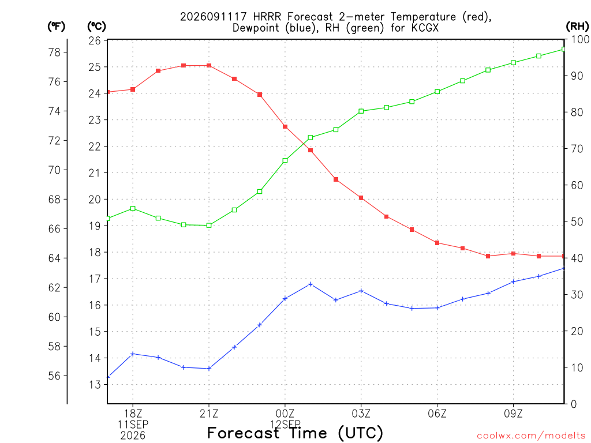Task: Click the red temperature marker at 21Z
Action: pyautogui.click(x=209, y=66)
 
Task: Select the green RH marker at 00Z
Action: pyautogui.click(x=285, y=160)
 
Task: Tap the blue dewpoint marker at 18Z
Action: pyautogui.click(x=133, y=354)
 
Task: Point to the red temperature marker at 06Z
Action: pyautogui.click(x=437, y=243)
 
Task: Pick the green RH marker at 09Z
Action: pyautogui.click(x=513, y=62)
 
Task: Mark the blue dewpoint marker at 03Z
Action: pyautogui.click(x=361, y=291)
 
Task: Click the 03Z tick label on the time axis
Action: pyautogui.click(x=361, y=414)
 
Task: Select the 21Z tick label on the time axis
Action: pyautogui.click(x=209, y=414)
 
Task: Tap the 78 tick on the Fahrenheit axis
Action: pyautogui.click(x=54, y=52)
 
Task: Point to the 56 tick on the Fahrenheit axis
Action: pyautogui.click(x=54, y=376)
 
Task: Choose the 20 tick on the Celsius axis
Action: pyautogui.click(x=95, y=199)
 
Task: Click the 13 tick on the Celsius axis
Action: pyautogui.click(x=95, y=385)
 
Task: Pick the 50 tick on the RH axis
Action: pyautogui.click(x=577, y=221)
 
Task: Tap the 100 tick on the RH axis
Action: pyautogui.click(x=580, y=39)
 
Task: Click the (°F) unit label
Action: pyautogui.click(x=56, y=27)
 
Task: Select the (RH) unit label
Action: pyautogui.click(x=577, y=26)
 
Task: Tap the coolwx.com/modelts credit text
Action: pyautogui.click(x=531, y=436)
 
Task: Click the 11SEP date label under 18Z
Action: pyautogui.click(x=133, y=425)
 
